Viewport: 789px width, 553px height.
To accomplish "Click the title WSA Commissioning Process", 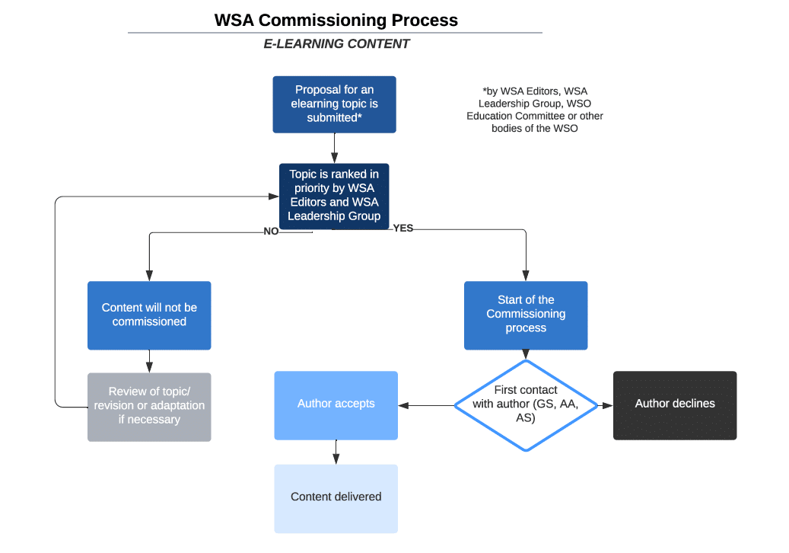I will click(336, 21).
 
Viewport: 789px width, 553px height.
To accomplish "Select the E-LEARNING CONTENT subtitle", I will click(336, 44).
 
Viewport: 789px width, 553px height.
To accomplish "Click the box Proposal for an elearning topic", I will click(334, 104).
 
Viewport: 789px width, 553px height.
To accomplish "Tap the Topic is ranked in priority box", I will click(334, 195).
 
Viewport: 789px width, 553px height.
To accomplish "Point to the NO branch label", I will click(271, 232).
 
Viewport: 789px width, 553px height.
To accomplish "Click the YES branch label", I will click(403, 228).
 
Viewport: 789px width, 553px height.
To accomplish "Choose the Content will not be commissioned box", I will click(149, 315).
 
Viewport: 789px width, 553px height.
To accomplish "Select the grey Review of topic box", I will click(149, 406).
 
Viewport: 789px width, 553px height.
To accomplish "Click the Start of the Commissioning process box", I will click(526, 315).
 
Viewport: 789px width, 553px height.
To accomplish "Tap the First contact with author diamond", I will click(526, 404).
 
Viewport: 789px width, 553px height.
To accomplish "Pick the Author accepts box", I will click(336, 404).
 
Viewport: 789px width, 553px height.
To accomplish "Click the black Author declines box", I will click(675, 404).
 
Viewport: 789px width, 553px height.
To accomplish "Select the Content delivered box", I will click(336, 497).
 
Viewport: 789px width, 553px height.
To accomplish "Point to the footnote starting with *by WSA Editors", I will click(535, 110).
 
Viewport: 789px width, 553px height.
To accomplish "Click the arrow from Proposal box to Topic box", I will click(334, 148).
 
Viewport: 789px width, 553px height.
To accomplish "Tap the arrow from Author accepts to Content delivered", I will click(336, 452).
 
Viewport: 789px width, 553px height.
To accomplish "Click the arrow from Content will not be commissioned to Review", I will click(149, 361).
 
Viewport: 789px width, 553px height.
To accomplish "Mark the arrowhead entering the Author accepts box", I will click(403, 405).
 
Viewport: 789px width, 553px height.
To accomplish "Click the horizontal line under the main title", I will click(335, 33).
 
